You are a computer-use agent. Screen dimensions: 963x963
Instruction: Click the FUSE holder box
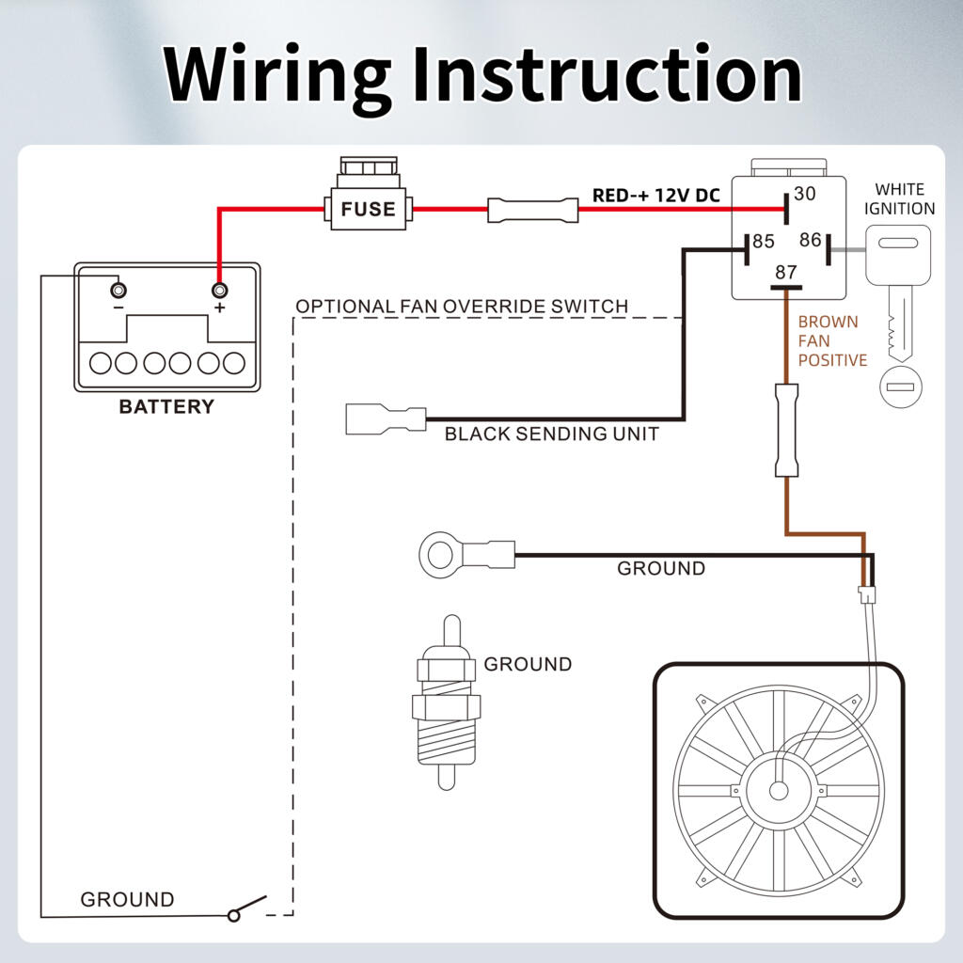[368, 207]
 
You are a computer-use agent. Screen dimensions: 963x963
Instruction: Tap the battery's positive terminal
[220, 290]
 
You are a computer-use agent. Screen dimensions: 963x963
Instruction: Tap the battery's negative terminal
[118, 289]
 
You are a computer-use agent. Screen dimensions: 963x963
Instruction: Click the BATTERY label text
[166, 407]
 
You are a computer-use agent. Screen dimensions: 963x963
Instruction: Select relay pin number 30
[804, 195]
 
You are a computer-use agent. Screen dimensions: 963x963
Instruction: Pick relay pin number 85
[764, 243]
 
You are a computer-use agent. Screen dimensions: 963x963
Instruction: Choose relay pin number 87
[785, 273]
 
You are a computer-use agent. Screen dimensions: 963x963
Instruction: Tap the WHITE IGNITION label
[900, 199]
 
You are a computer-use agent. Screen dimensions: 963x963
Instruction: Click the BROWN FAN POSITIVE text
[831, 340]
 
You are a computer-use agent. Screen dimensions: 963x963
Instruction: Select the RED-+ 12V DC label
[655, 197]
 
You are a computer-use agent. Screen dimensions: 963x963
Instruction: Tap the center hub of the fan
[779, 789]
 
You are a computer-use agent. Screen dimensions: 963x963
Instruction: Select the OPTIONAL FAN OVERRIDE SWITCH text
[462, 307]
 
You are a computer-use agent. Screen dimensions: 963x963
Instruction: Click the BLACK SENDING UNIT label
[551, 434]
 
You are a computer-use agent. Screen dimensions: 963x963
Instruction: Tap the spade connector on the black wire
[385, 418]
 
